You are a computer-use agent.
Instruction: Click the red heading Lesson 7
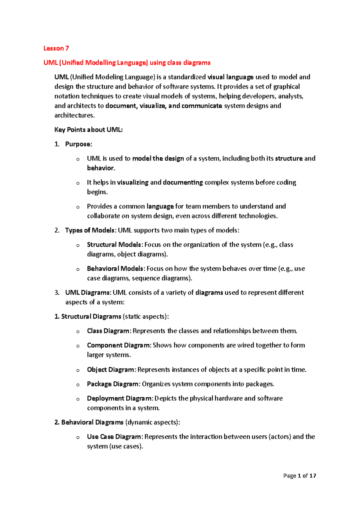(x=56, y=48)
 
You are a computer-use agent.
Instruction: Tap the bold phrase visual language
(x=230, y=77)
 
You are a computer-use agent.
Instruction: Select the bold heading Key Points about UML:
(x=88, y=130)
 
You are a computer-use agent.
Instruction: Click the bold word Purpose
(x=78, y=144)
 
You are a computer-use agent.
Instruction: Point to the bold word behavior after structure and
(x=100, y=168)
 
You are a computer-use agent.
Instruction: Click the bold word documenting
(x=183, y=182)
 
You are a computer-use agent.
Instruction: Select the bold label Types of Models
(x=90, y=230)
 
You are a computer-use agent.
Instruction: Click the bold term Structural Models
(x=114, y=245)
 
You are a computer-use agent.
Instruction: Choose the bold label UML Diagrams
(x=88, y=293)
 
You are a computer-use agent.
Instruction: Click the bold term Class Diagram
(x=108, y=331)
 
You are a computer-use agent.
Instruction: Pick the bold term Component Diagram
(x=119, y=345)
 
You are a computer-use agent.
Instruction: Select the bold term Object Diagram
(x=111, y=370)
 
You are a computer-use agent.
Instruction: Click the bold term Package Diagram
(x=113, y=384)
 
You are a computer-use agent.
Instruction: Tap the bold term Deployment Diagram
(x=120, y=399)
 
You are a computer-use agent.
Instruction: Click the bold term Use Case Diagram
(x=114, y=437)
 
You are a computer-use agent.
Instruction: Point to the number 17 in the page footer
(x=313, y=476)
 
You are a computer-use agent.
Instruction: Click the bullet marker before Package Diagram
(x=78, y=385)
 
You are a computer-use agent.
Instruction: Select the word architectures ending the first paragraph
(x=74, y=116)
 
